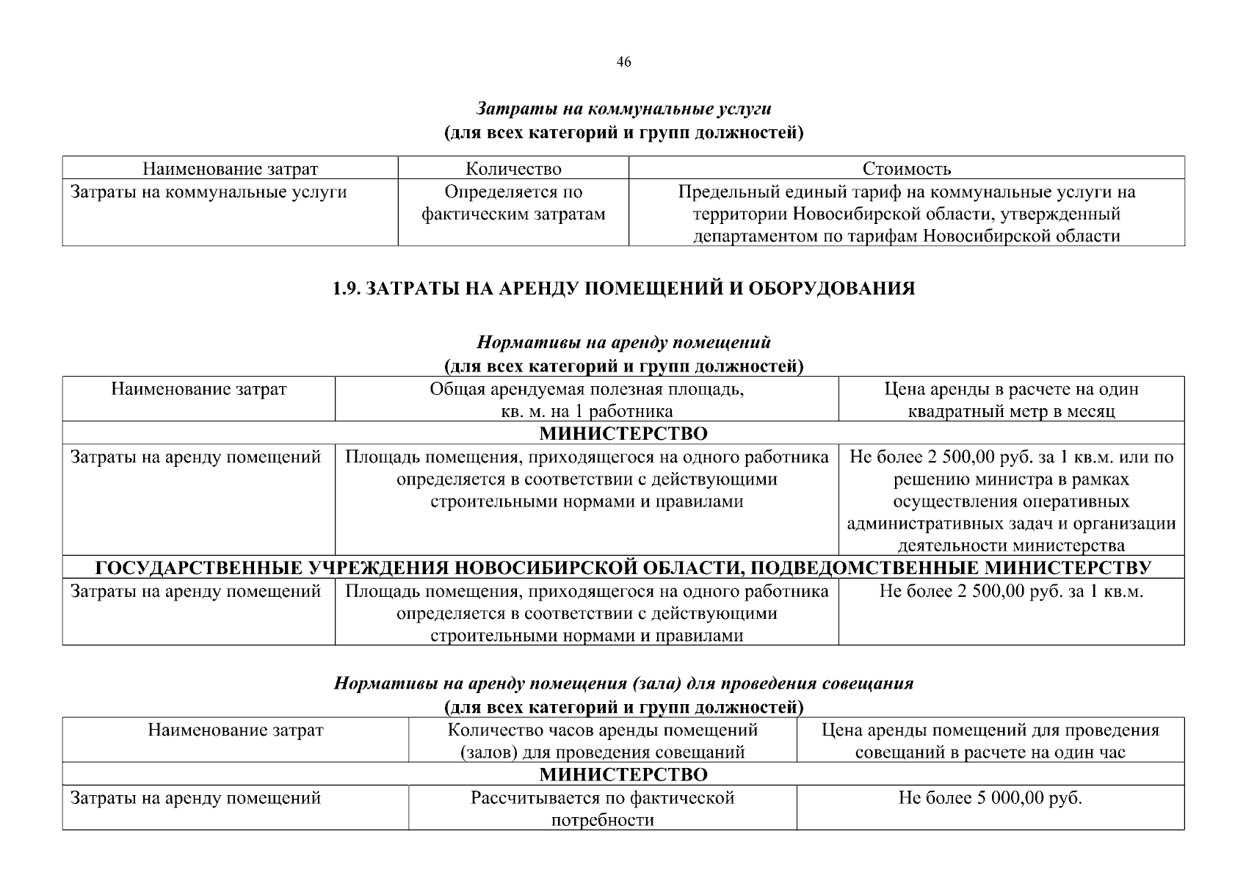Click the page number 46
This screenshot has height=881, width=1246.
[623, 62]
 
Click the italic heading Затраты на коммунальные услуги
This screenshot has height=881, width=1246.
[623, 109]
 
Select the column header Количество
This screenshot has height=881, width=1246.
[513, 169]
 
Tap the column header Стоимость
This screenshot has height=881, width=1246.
[906, 169]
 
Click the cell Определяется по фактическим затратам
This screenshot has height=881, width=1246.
[513, 203]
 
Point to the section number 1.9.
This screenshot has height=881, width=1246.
[347, 289]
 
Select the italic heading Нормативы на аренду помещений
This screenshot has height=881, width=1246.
[623, 343]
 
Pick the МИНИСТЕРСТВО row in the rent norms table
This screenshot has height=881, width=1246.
[623, 434]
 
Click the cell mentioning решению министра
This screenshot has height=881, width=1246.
[1011, 501]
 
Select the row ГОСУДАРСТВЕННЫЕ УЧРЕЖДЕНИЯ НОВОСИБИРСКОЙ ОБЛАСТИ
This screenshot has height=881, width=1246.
[623, 568]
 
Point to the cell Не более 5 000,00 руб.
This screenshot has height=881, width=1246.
[990, 798]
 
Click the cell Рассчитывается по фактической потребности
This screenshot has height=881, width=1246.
[602, 808]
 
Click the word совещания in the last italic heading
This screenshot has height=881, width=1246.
[871, 684]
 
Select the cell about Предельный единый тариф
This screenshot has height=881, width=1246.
[906, 214]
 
